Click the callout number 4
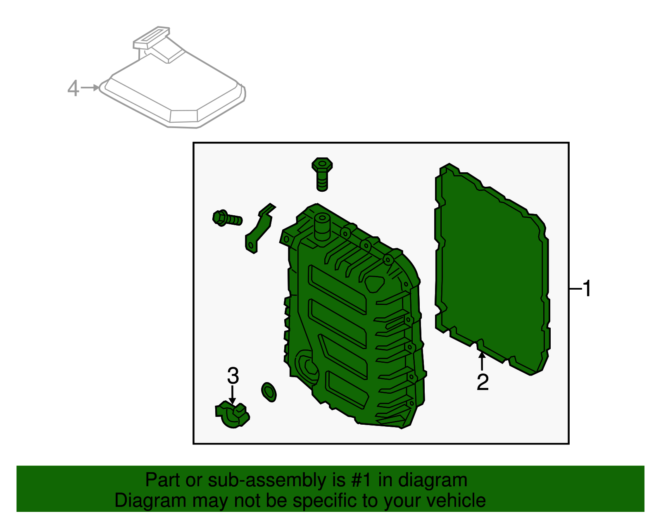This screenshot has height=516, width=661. tap(73, 88)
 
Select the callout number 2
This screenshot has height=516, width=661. tap(482, 382)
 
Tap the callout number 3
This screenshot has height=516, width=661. tap(233, 376)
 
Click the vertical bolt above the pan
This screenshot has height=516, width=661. tap(322, 174)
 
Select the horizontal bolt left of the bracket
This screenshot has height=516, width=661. tap(227, 219)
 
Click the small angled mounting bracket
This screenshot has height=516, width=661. tap(259, 229)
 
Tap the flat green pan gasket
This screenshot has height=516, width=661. tap(492, 269)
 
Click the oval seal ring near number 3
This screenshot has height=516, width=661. tap(269, 392)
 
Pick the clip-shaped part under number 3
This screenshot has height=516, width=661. tap(232, 415)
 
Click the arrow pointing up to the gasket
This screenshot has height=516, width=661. tap(482, 360)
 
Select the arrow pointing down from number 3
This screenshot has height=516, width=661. tap(233, 395)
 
